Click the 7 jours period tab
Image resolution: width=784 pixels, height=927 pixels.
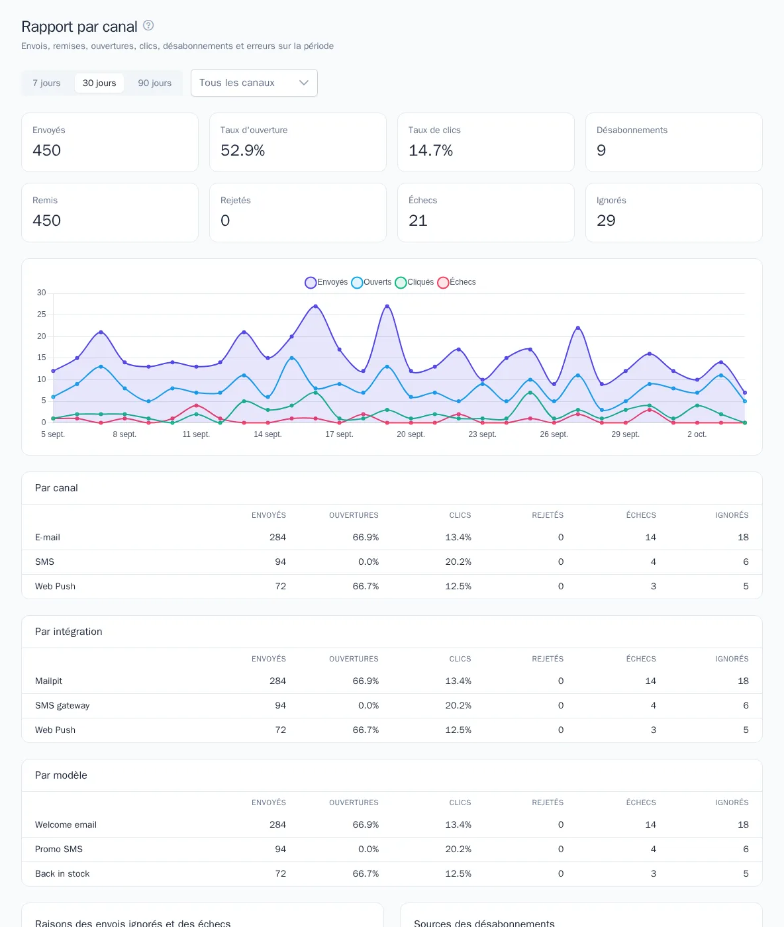(46, 83)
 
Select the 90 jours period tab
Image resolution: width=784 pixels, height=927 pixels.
(154, 83)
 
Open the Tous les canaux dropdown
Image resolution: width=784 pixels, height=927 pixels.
(254, 83)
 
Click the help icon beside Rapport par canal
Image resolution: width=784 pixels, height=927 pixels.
(148, 26)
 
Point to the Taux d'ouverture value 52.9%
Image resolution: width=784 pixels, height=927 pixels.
(242, 150)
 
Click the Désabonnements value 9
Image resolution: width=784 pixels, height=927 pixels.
(601, 150)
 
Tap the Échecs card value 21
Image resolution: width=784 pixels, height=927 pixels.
(418, 220)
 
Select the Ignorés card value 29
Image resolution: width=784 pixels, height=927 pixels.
(606, 220)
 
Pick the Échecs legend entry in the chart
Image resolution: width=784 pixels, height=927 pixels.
(457, 282)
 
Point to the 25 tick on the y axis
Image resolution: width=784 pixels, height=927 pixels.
(41, 315)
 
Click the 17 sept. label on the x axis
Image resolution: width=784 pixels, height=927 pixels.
(339, 434)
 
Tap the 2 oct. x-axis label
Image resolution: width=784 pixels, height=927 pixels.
(697, 434)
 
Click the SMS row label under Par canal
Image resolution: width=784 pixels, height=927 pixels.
(44, 561)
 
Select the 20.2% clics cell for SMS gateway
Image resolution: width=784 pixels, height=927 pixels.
(458, 705)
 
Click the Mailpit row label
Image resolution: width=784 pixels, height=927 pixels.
(48, 681)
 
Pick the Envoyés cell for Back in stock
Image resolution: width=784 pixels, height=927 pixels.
(280, 873)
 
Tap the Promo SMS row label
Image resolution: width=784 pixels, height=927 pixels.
(59, 849)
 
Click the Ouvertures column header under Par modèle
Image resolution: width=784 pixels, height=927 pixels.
(354, 803)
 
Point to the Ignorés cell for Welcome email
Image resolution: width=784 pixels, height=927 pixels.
(743, 824)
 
